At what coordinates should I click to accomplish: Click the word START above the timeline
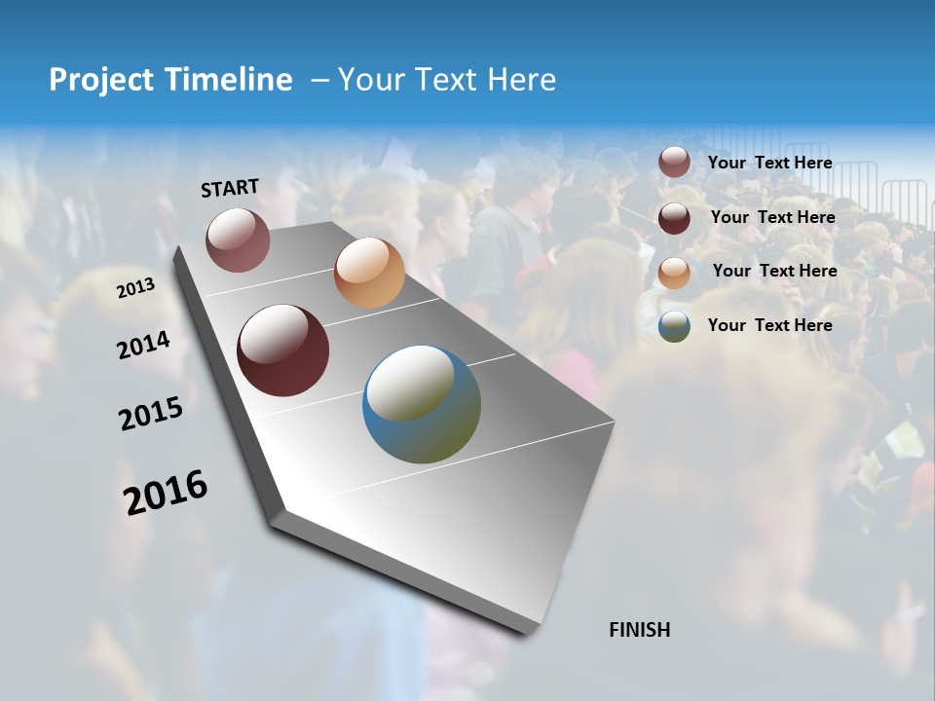(x=230, y=188)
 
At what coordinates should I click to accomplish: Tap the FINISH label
(x=640, y=630)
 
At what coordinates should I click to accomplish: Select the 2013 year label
(x=135, y=288)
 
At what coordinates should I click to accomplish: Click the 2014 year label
(x=143, y=346)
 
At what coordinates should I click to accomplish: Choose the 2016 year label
(x=166, y=493)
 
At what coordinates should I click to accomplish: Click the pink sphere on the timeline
(x=238, y=240)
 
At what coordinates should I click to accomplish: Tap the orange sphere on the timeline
(x=369, y=273)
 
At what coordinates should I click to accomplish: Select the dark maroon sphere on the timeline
(x=283, y=350)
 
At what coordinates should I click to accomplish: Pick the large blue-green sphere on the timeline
(x=422, y=404)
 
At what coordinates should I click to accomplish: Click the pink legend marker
(x=674, y=163)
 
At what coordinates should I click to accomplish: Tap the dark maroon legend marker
(x=674, y=218)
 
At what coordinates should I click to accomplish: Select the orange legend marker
(x=674, y=273)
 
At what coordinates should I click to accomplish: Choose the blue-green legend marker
(x=674, y=326)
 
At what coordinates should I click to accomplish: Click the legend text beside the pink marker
(x=769, y=163)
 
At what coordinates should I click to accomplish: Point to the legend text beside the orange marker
(x=774, y=271)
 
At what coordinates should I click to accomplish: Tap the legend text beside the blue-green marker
(x=769, y=325)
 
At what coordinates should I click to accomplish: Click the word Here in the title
(x=521, y=80)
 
